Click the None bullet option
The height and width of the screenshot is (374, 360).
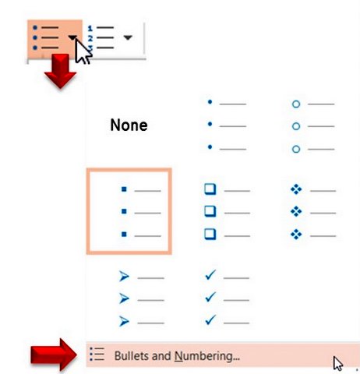(129, 125)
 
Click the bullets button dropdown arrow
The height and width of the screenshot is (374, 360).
(72, 37)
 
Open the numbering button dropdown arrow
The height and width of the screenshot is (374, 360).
(128, 37)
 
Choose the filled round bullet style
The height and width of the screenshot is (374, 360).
(227, 125)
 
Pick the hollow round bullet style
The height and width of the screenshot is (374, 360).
(313, 126)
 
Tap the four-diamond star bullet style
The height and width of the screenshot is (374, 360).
(313, 212)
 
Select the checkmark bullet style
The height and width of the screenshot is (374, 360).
(227, 298)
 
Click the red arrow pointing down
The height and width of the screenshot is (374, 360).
(60, 71)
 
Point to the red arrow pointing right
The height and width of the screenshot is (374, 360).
(54, 355)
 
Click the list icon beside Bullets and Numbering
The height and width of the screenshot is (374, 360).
(97, 354)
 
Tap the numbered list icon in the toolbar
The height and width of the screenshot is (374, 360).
(101, 37)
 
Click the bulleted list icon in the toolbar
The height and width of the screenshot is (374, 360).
(46, 37)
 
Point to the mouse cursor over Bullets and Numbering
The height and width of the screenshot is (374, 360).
(338, 363)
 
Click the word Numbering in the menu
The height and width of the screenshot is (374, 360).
(206, 356)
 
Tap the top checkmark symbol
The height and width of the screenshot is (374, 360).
(210, 275)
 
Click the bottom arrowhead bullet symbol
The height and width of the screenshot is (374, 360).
(124, 321)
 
